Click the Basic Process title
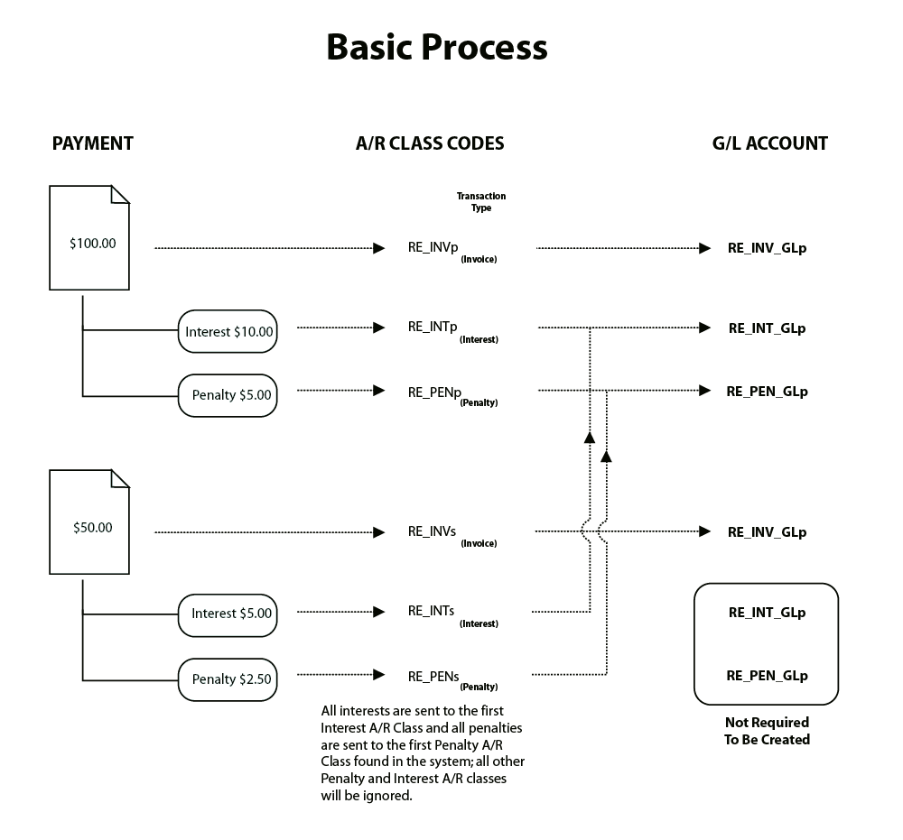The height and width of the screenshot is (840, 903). [x=436, y=47]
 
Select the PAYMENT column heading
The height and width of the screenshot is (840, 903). [x=93, y=143]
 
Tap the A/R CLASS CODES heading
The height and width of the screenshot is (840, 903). [x=430, y=143]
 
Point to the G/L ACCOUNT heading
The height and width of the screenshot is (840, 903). [x=769, y=143]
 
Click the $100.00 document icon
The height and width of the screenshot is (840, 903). [x=89, y=238]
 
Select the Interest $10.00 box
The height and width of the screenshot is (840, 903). [x=228, y=332]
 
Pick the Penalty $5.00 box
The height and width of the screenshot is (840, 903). [x=228, y=395]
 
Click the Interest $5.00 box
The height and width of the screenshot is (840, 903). [x=228, y=614]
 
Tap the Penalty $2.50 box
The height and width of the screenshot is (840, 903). [x=228, y=679]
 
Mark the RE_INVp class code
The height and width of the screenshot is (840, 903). [x=432, y=248]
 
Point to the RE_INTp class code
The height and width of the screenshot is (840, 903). [x=432, y=328]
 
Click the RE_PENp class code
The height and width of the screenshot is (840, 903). [x=433, y=392]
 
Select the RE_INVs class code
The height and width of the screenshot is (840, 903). [x=432, y=532]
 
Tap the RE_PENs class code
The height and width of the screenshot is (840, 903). [x=433, y=676]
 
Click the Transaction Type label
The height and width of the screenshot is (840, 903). [x=481, y=202]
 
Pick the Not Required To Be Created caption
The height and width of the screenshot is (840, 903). [x=767, y=731]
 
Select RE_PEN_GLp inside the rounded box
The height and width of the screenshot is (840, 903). [x=767, y=676]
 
